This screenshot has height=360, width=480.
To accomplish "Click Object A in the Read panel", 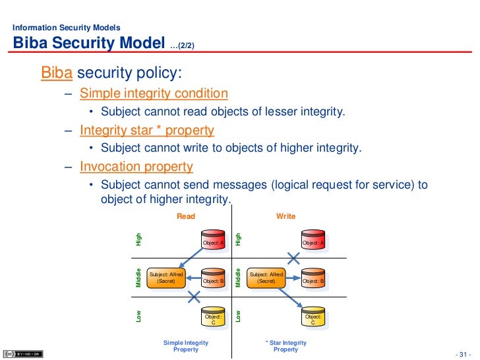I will tap(214, 241).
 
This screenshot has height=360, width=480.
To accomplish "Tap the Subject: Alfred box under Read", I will tap(166, 278).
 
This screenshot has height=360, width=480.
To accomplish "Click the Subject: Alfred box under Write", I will tap(266, 278).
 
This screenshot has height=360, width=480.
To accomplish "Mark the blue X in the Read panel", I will tap(194, 297).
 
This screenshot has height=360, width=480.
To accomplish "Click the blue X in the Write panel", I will tap(293, 258).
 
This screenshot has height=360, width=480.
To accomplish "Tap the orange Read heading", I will tap(187, 216).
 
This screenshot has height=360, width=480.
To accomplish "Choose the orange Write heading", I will tap(285, 216).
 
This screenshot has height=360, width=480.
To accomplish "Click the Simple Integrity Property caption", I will tap(186, 346).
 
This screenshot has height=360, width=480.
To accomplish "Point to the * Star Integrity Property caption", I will tap(285, 346).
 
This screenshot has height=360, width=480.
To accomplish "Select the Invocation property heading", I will tap(136, 166).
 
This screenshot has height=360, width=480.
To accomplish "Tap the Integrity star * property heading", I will tap(146, 130).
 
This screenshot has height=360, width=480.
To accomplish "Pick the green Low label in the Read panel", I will tap(139, 316).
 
